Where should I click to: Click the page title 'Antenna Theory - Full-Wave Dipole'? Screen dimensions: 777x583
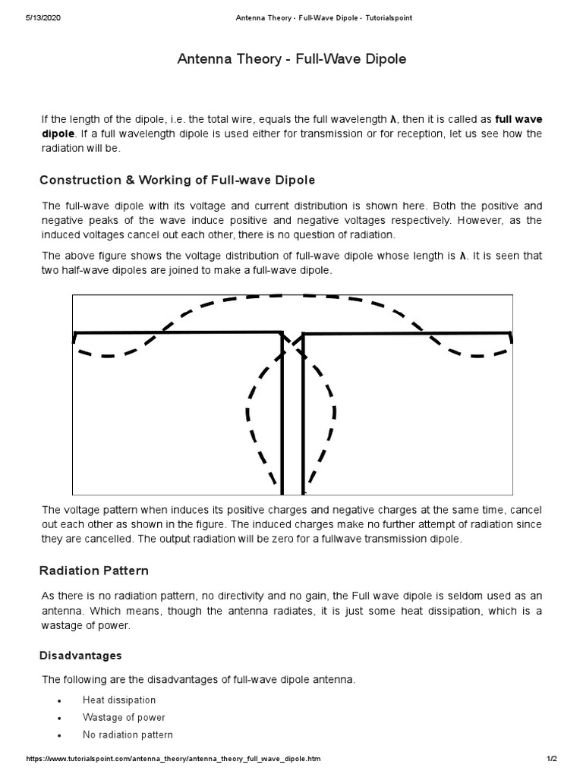click(x=291, y=59)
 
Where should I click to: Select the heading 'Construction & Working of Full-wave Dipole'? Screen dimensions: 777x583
click(x=177, y=180)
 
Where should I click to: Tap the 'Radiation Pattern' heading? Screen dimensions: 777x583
click(x=94, y=570)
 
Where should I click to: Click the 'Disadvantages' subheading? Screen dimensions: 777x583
click(x=81, y=655)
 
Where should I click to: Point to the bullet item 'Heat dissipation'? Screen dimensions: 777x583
click(x=119, y=700)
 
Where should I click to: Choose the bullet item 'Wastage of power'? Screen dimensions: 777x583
click(x=124, y=717)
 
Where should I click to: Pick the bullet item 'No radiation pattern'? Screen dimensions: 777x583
click(x=128, y=735)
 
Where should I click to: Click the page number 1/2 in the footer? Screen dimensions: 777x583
click(x=552, y=759)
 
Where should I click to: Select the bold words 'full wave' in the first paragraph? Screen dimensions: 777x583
click(x=518, y=119)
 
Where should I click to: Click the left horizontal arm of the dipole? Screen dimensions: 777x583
click(x=178, y=332)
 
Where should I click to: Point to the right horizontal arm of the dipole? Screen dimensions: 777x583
click(x=406, y=332)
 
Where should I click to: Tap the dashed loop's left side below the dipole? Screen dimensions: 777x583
click(x=248, y=417)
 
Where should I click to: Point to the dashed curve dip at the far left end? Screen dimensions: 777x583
click(x=102, y=355)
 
